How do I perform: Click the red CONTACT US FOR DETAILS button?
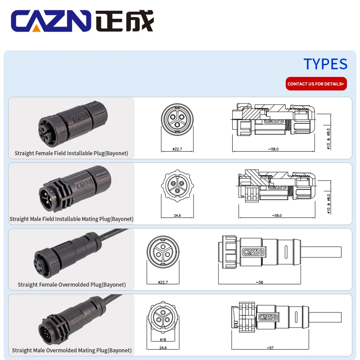click(x=316, y=84)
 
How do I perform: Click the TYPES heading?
click(x=325, y=64)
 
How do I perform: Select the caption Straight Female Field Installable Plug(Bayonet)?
click(x=71, y=153)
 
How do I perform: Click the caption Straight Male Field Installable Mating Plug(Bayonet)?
click(x=72, y=219)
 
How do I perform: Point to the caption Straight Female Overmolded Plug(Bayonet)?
click(x=72, y=284)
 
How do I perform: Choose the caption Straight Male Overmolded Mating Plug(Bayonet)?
click(x=72, y=350)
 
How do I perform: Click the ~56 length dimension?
click(x=259, y=282)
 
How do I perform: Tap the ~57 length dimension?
click(x=270, y=348)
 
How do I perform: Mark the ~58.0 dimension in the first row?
click(x=273, y=148)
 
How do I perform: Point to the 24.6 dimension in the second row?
click(x=177, y=216)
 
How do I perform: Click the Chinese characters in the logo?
click(x=125, y=22)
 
